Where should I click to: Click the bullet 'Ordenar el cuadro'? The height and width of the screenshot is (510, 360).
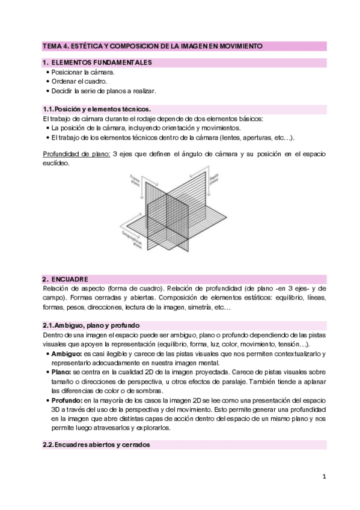[x=79, y=82]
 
